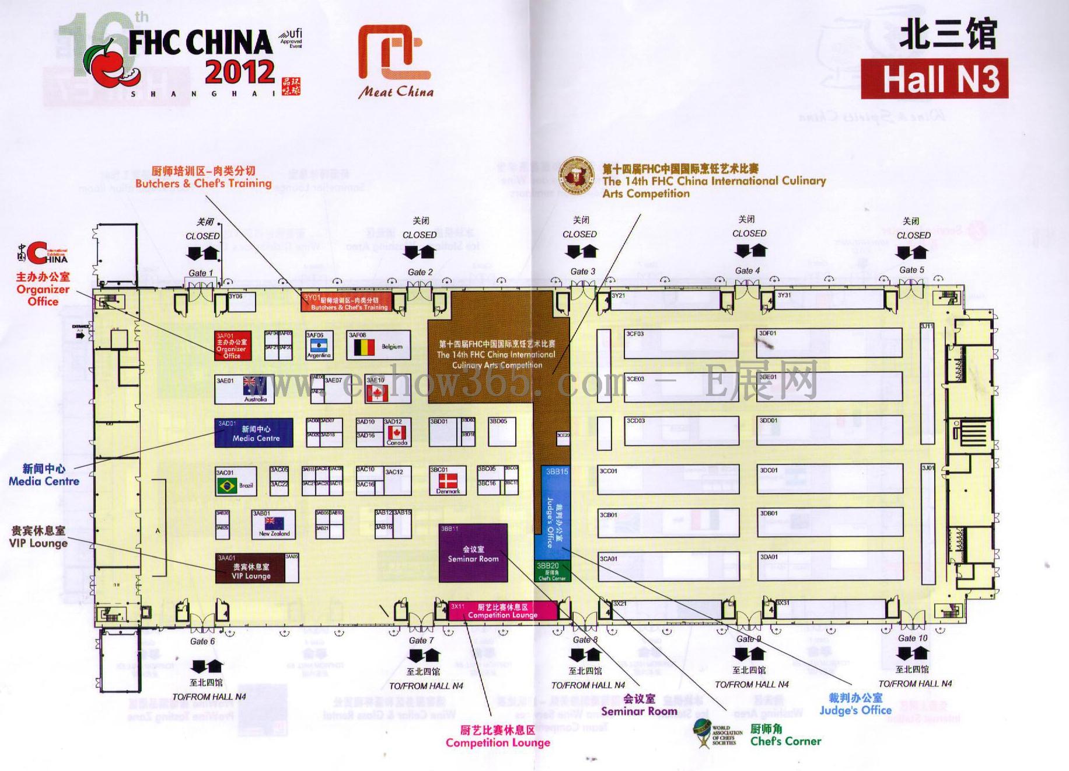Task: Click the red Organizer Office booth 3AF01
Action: click(x=233, y=346)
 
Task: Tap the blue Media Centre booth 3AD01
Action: click(x=254, y=433)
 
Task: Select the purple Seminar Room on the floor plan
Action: click(x=473, y=553)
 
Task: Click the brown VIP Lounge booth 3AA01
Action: click(x=250, y=568)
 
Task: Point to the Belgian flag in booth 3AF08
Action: click(x=361, y=348)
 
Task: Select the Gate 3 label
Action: click(x=583, y=272)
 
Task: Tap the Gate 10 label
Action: click(x=913, y=638)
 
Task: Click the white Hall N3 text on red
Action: click(x=934, y=79)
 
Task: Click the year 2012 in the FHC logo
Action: click(x=239, y=72)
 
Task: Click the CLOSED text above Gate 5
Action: click(x=913, y=235)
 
